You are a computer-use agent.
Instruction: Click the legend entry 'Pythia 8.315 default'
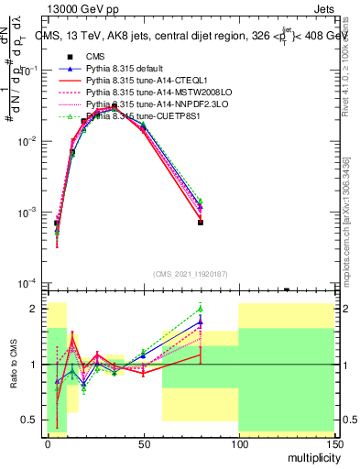(124, 69)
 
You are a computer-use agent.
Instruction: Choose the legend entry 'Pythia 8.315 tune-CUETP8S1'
(136, 116)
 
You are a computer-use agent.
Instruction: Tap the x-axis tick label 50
(144, 442)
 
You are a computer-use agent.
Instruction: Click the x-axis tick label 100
(238, 442)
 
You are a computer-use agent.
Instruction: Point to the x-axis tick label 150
(334, 442)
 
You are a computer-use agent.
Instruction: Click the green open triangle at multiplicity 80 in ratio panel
(201, 309)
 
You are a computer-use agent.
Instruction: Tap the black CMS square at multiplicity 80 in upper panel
(201, 223)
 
